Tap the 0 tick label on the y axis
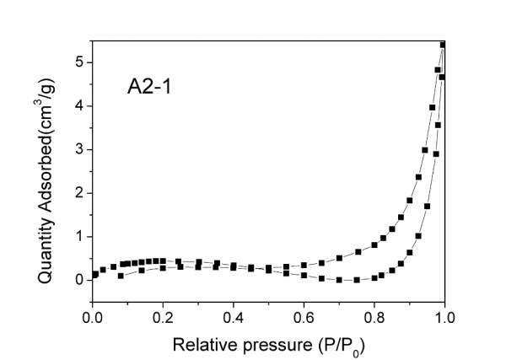point(78,280)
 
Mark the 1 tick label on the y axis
point(78,237)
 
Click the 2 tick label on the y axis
point(78,193)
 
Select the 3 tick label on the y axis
point(78,149)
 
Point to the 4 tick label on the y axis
point(78,106)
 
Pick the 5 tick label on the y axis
point(78,62)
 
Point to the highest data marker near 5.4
point(443,45)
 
